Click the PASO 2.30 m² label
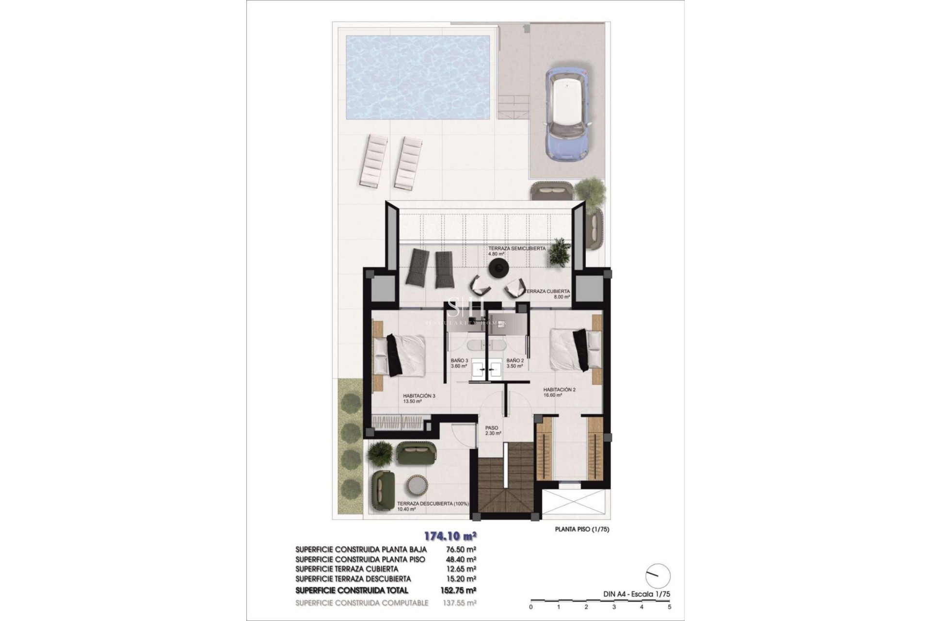click(492, 430)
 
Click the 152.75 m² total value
click(460, 590)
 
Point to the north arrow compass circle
click(658, 576)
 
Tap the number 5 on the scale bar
click(669, 606)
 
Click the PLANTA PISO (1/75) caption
click(582, 529)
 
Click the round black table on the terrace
click(498, 268)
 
